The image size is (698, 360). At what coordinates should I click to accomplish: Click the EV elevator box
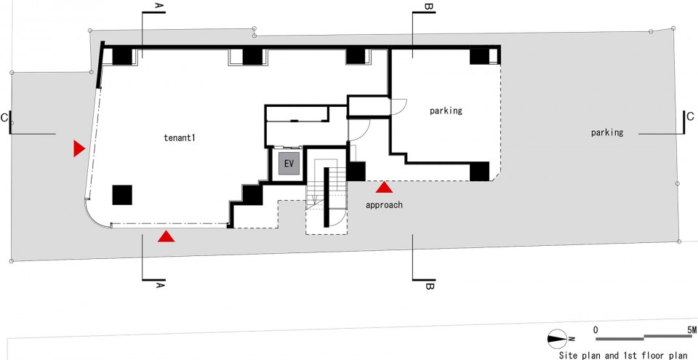289,164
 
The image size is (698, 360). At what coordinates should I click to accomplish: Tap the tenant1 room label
180,137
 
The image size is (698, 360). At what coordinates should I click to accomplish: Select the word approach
384,205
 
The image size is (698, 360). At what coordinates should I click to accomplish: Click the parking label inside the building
446,111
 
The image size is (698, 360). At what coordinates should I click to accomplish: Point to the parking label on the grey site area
607,132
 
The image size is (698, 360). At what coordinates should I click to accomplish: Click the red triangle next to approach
384,187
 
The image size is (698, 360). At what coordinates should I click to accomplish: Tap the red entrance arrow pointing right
79,148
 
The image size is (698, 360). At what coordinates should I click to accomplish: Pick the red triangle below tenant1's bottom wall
166,236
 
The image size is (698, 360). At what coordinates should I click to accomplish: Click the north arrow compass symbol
558,339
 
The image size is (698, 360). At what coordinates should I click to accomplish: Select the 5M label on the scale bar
691,330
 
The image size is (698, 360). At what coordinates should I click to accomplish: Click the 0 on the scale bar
596,330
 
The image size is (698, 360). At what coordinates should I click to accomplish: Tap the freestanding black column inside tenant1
122,195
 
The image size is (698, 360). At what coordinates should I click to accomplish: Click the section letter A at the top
159,6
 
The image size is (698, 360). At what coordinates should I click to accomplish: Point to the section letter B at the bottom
429,286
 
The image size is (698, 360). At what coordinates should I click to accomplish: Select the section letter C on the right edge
691,117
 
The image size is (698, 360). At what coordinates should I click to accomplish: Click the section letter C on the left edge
4,118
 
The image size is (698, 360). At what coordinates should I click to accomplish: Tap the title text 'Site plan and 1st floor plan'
623,356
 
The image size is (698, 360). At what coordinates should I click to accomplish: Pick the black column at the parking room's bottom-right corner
479,172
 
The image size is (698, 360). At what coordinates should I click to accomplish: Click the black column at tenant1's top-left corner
122,57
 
